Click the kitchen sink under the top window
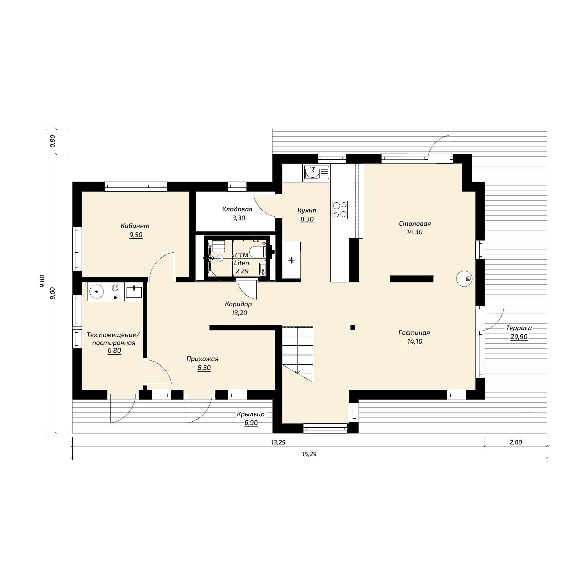[316, 173]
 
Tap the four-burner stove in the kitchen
[339, 209]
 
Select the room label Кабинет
[135, 226]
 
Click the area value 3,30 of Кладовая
[239, 218]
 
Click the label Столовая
[415, 223]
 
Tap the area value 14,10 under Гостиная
[414, 341]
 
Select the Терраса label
[519, 328]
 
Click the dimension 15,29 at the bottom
[309, 454]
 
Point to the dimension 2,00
[516, 442]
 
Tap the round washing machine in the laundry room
[96, 291]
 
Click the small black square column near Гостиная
[352, 327]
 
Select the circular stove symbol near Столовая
[464, 279]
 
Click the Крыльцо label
[251, 414]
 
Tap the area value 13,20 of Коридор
[239, 313]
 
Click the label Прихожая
[202, 359]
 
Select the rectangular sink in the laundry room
[134, 291]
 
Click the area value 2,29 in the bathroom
[242, 270]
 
